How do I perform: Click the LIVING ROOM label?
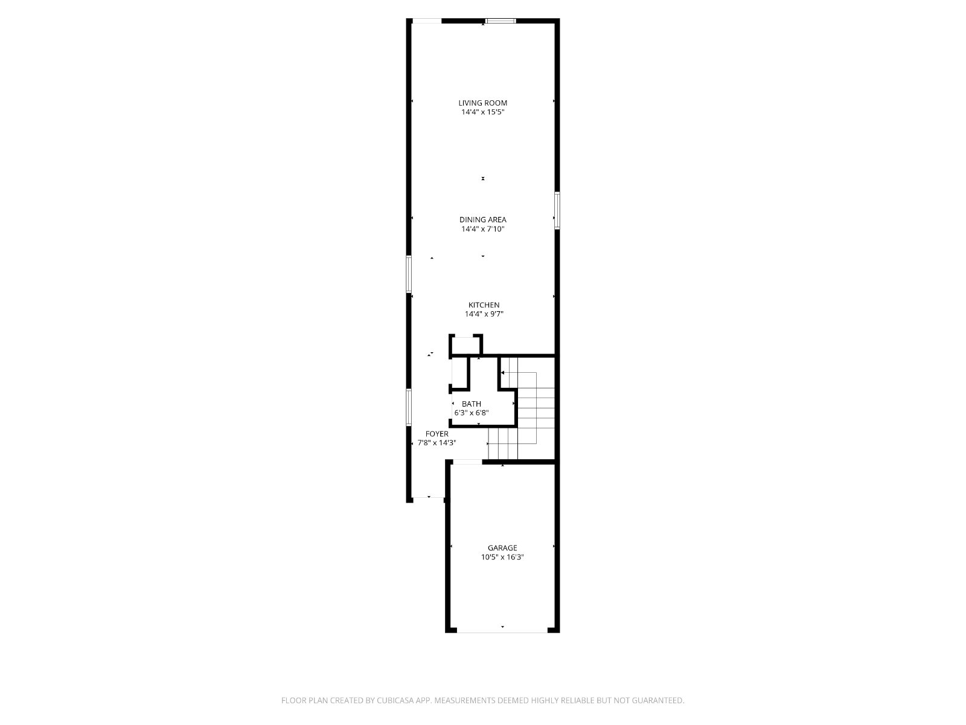[x=483, y=103]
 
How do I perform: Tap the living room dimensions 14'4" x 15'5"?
[x=483, y=112]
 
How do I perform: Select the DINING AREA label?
[x=483, y=220]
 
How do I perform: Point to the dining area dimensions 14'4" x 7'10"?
[x=483, y=229]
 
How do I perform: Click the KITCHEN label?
[x=484, y=305]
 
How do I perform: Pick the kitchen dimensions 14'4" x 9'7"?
[x=484, y=314]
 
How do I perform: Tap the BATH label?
[x=472, y=404]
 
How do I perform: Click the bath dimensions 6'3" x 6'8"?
[x=472, y=413]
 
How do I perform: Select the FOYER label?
[x=437, y=434]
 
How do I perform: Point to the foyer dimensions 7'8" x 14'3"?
[x=437, y=443]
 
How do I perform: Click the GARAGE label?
[x=502, y=548]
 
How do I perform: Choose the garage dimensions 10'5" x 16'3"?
[x=502, y=557]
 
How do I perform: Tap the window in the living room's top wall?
[x=501, y=21]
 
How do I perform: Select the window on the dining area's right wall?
[x=557, y=210]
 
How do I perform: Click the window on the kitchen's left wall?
[x=409, y=274]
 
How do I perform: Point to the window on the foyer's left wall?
[x=409, y=407]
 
